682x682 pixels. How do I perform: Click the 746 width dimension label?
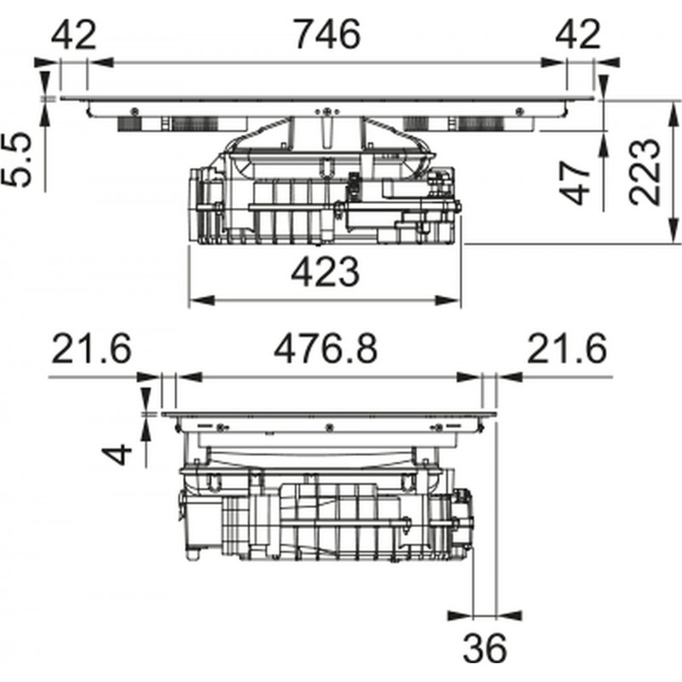point(327,35)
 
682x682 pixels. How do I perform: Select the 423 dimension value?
point(325,274)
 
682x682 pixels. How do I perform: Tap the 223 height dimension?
point(645,170)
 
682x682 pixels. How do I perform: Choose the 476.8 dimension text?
point(326,349)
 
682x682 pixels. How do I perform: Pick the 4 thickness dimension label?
point(123,452)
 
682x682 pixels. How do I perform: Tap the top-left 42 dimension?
point(74,35)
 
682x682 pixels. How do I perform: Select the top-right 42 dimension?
point(580,35)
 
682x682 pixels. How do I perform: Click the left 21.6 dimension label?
point(91,349)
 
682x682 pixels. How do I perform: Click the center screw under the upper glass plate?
point(326,110)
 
